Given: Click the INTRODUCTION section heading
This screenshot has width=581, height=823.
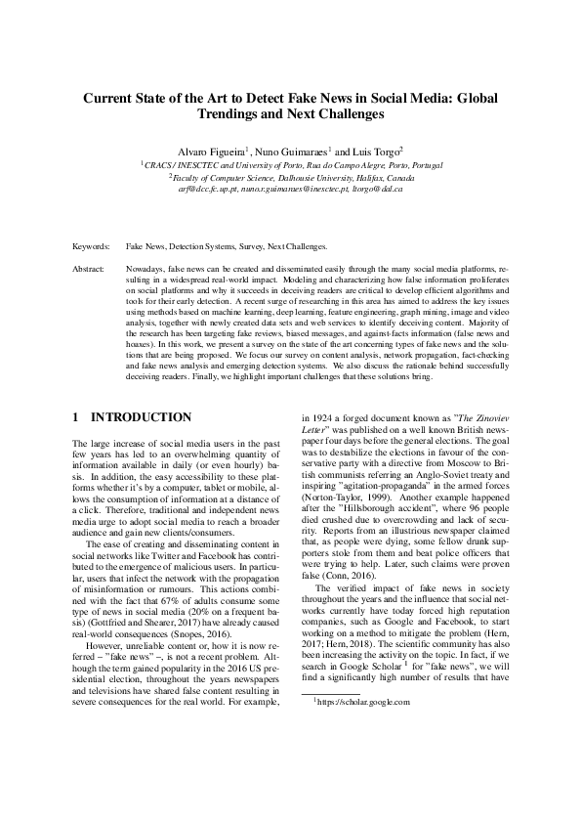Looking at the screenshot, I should [142, 417].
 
